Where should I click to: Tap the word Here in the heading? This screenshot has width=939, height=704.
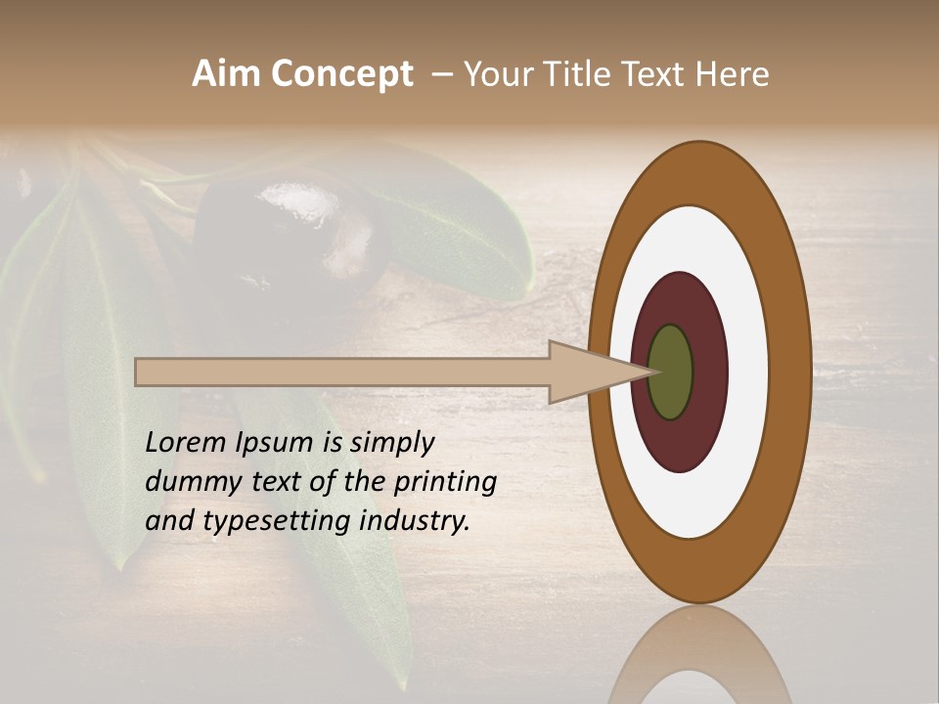pyautogui.click(x=733, y=74)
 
